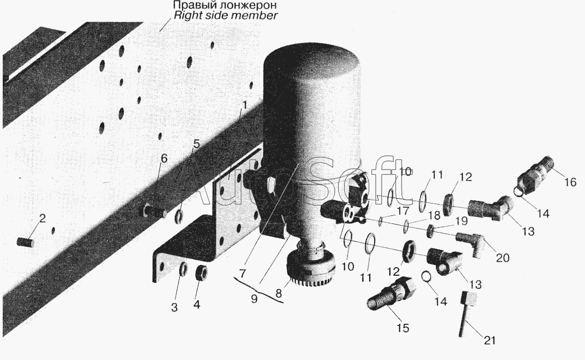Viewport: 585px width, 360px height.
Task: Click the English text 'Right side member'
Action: coord(226,16)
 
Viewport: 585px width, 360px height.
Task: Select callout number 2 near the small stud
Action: coord(43,218)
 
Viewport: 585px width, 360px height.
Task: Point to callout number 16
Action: coord(570,182)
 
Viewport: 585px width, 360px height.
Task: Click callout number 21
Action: coord(489,340)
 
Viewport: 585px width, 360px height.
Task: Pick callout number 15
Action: coord(403,328)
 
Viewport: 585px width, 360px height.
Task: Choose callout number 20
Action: coord(502,257)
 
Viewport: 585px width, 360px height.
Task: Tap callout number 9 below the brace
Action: coord(254,299)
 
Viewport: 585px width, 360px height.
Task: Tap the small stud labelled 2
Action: coord(25,242)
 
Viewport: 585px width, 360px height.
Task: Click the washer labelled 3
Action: coord(183,269)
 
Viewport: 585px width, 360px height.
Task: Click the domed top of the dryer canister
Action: coord(312,62)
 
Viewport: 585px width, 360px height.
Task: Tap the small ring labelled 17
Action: coord(380,222)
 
